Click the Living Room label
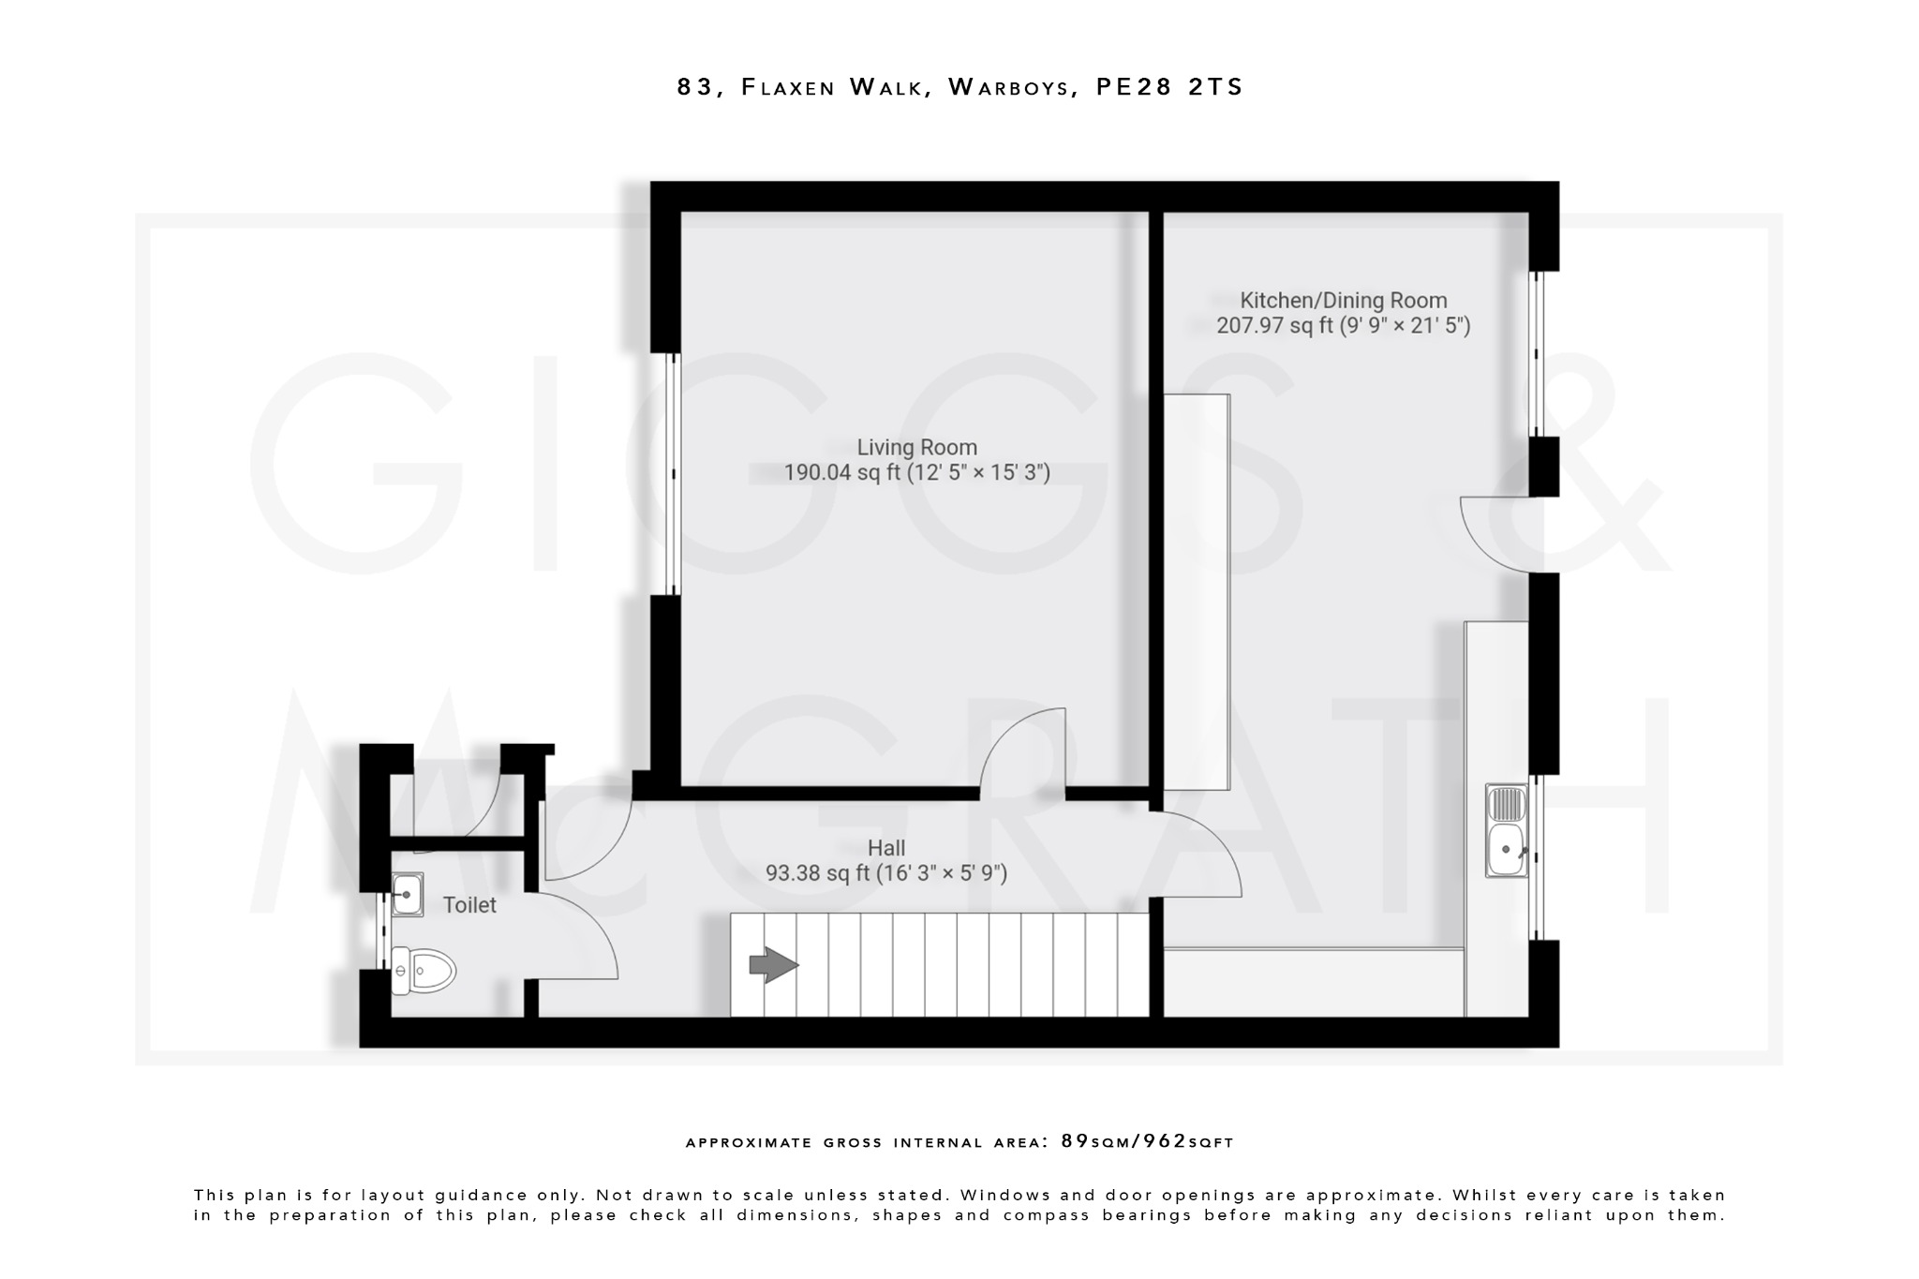click(x=916, y=448)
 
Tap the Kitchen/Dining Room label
click(x=1343, y=301)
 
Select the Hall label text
click(x=885, y=848)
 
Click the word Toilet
click(x=469, y=905)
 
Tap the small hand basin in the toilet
click(x=408, y=894)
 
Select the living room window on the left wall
click(x=671, y=473)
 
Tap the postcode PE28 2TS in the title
click(x=1169, y=87)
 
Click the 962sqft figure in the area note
click(x=1187, y=1141)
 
